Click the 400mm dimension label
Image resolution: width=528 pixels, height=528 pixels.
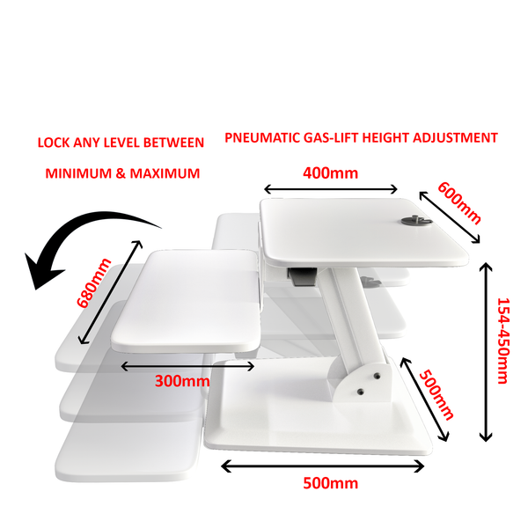(x=330, y=173)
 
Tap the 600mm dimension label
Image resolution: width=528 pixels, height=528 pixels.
(x=459, y=202)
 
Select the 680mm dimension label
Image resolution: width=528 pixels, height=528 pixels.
(x=93, y=283)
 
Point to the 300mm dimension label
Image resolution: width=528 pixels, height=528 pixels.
(x=182, y=381)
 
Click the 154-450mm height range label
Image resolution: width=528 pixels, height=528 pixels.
(x=503, y=341)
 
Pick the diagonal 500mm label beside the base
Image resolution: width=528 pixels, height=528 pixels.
(x=436, y=394)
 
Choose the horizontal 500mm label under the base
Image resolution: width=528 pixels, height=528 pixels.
(x=330, y=483)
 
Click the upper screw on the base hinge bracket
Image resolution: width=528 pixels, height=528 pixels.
(x=378, y=376)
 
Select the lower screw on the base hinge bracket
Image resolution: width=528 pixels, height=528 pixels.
(x=361, y=392)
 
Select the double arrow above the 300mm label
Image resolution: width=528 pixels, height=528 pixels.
(x=187, y=366)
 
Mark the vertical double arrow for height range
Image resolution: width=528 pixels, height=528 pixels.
(x=486, y=352)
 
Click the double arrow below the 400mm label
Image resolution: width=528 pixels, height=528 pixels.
(x=331, y=189)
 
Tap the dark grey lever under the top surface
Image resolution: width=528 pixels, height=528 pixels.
(x=302, y=276)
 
